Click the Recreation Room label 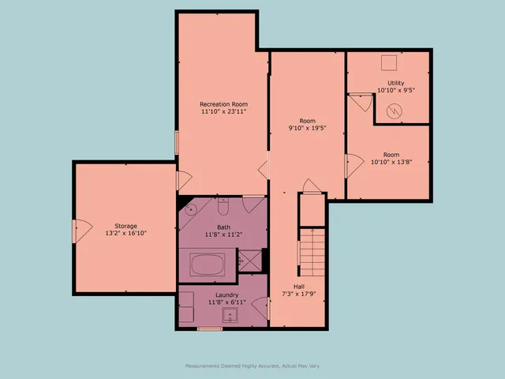click(x=223, y=104)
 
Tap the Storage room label click(x=125, y=226)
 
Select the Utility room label click(x=395, y=83)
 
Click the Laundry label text click(x=223, y=295)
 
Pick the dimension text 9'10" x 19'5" click(x=308, y=127)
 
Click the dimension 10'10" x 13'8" click(x=391, y=163)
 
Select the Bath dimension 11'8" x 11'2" click(x=224, y=235)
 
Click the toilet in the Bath click(x=223, y=208)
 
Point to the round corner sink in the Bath click(x=190, y=210)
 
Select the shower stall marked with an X click(x=251, y=261)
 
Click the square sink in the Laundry click(x=230, y=316)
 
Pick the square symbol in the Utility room click(x=389, y=63)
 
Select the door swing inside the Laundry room click(x=263, y=309)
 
